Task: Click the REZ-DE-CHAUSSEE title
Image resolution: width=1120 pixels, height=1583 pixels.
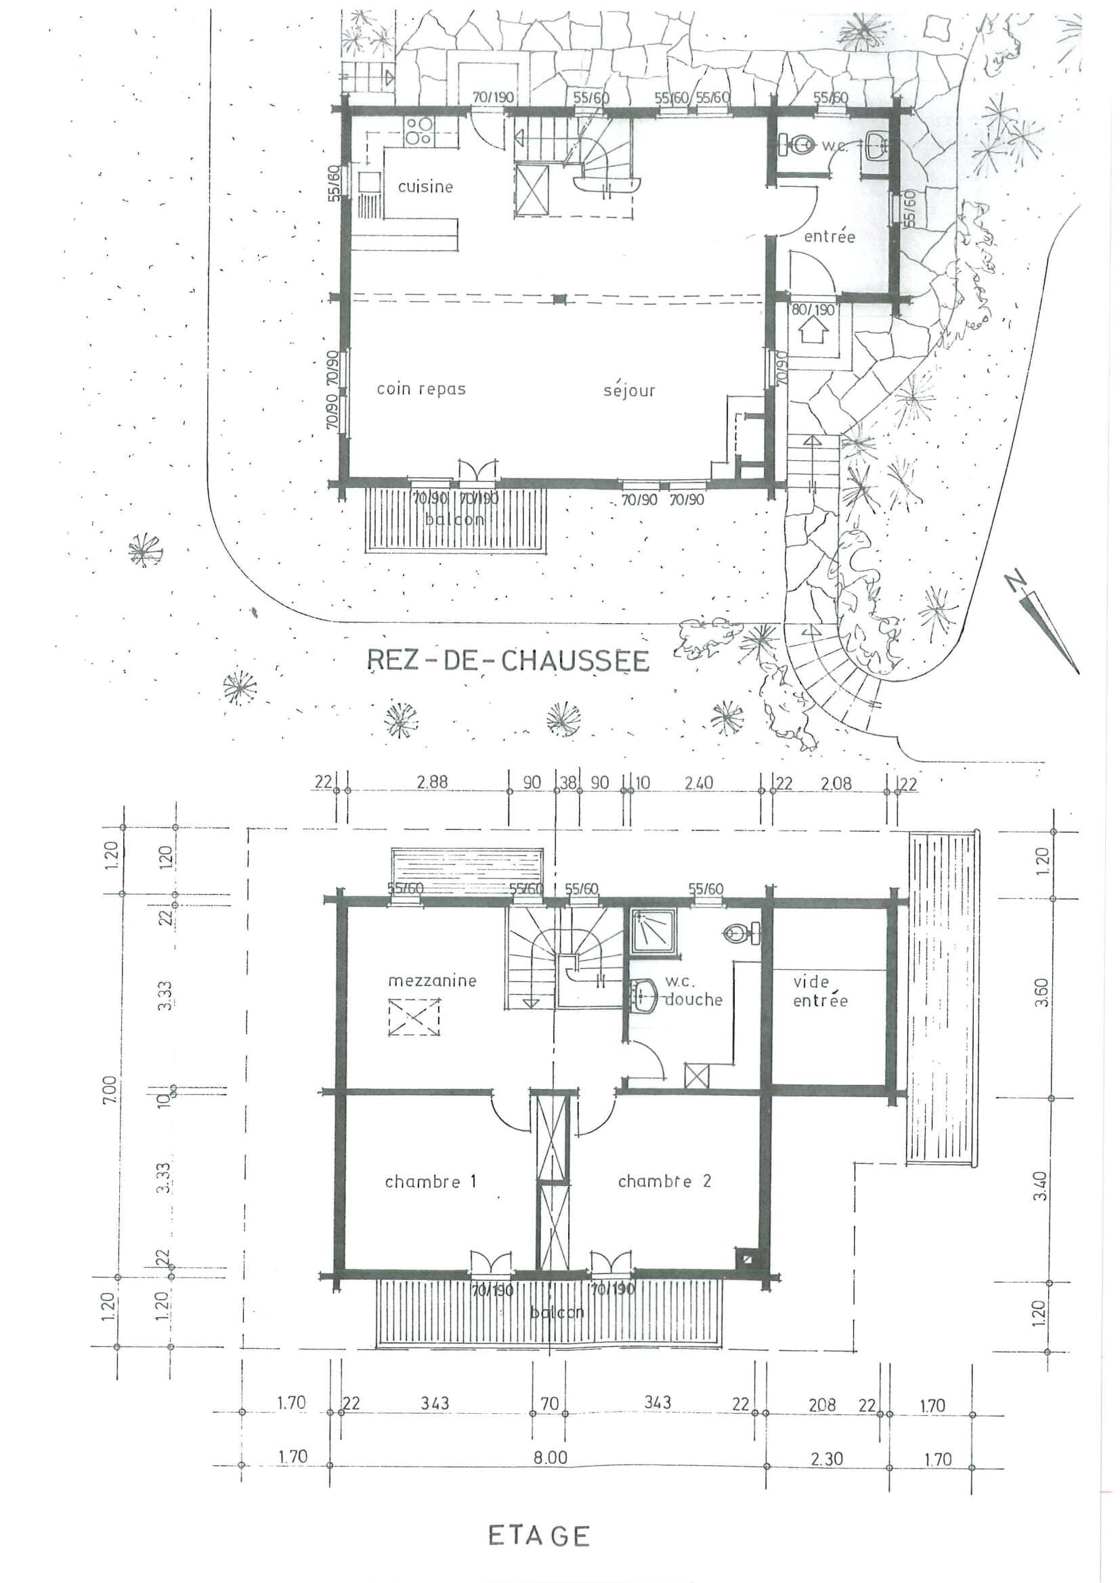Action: (x=508, y=661)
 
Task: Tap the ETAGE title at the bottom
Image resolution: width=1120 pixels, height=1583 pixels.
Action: (x=538, y=1536)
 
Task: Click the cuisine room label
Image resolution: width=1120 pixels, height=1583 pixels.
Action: (x=425, y=186)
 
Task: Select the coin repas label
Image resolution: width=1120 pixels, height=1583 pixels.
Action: (x=421, y=389)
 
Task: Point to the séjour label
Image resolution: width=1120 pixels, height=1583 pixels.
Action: (x=628, y=391)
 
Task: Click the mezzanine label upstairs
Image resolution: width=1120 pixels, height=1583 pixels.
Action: (x=432, y=981)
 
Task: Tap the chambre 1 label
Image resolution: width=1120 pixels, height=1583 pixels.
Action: (x=431, y=1182)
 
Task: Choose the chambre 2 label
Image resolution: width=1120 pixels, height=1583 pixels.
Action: (x=664, y=1181)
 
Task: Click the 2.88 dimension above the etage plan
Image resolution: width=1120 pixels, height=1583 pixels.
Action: (x=432, y=782)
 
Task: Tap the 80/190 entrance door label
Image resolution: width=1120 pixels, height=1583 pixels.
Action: (x=813, y=309)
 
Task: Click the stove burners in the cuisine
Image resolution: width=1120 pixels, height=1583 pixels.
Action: (x=418, y=131)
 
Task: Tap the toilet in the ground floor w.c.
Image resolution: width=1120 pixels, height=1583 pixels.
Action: (x=798, y=145)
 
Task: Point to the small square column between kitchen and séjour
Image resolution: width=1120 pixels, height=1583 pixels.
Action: (x=559, y=299)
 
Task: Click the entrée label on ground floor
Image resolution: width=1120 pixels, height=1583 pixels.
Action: (x=829, y=236)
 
